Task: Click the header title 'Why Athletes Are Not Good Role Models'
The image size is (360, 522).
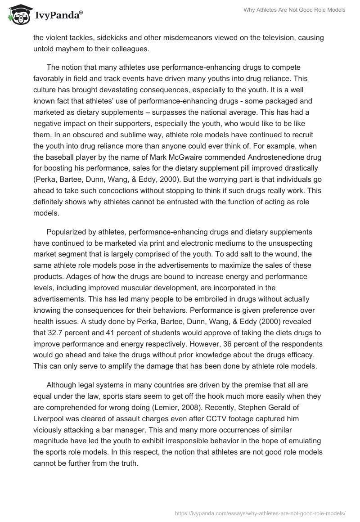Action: pos(294,10)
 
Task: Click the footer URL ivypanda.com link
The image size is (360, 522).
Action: pos(260,513)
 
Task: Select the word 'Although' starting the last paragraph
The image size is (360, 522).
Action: pos(62,385)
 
